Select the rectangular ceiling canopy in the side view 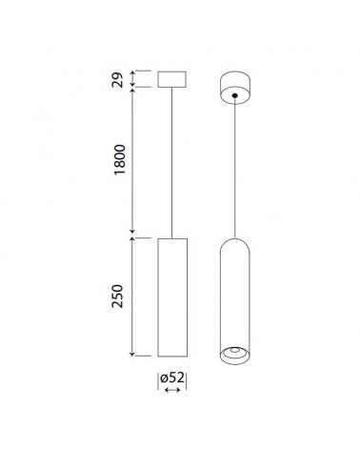(170, 78)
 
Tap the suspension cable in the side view (170, 162)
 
